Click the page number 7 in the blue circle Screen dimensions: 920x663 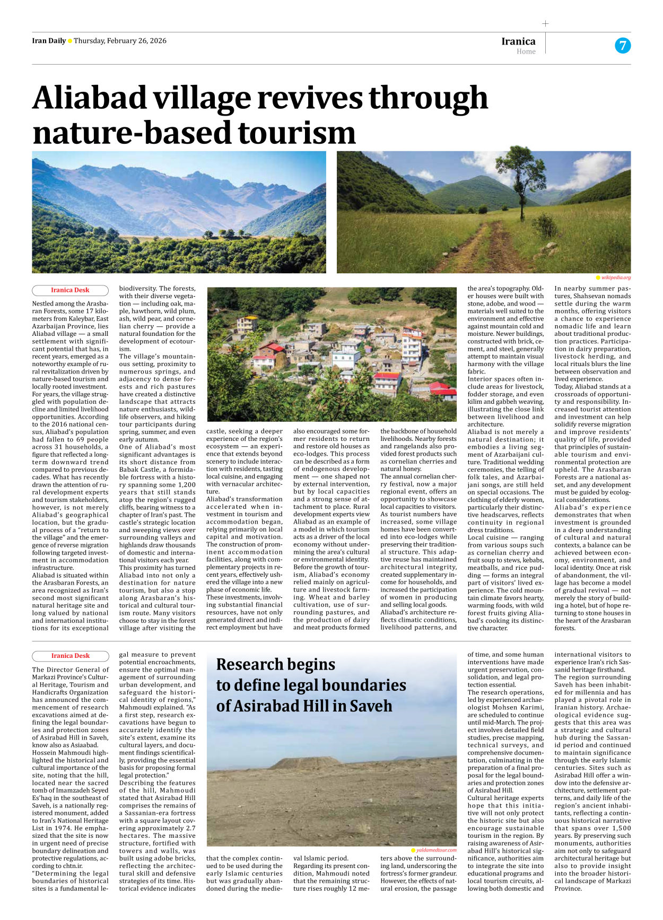(x=623, y=46)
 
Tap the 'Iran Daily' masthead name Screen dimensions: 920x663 (x=49, y=41)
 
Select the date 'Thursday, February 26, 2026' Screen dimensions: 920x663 (x=120, y=41)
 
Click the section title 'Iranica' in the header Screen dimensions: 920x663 (x=518, y=41)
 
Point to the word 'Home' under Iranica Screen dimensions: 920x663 (x=526, y=51)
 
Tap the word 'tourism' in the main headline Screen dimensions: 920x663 (x=296, y=133)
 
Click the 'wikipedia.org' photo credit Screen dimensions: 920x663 (x=615, y=277)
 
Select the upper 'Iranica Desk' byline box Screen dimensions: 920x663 (x=70, y=290)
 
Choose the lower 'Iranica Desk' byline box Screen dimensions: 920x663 (x=70, y=656)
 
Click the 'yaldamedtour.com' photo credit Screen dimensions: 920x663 (x=435, y=850)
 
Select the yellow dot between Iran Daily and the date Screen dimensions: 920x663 (x=70, y=41)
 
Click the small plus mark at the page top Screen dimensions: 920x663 (x=545, y=23)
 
